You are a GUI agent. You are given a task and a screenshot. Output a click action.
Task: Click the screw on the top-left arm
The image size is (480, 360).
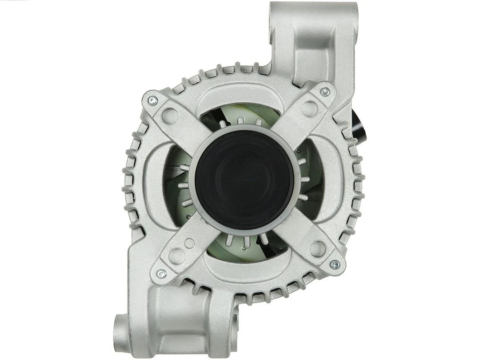click(152, 100)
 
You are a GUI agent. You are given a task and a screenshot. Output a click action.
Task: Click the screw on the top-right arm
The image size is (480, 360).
click(325, 92)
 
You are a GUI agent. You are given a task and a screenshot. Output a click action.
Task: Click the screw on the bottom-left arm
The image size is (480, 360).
click(162, 274)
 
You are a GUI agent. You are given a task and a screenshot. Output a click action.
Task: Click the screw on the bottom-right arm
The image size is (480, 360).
click(335, 265)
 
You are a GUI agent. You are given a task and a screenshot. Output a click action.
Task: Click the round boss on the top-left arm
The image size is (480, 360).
click(170, 116)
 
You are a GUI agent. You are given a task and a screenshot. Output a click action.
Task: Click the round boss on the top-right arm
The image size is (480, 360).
click(309, 108)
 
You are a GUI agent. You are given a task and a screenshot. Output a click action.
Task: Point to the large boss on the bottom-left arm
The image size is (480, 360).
click(177, 256)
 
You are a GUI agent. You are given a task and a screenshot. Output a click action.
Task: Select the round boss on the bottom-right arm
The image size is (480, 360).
click(318, 248)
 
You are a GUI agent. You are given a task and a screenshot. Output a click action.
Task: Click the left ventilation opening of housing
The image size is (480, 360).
click(176, 180)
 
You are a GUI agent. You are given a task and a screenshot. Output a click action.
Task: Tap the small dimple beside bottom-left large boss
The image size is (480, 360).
click(189, 243)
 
